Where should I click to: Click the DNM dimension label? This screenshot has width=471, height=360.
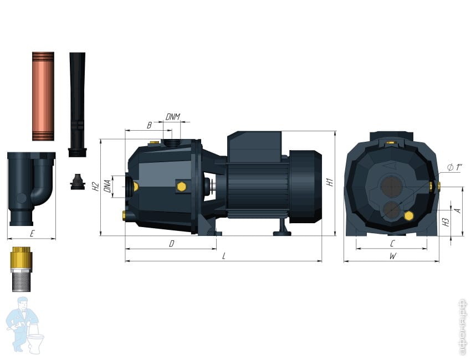pyautogui.click(x=173, y=117)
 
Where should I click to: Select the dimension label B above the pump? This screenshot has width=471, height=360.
pyautogui.click(x=149, y=125)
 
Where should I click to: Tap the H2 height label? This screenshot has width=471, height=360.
pyautogui.click(x=95, y=187)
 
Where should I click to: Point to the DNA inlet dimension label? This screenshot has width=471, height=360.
pyautogui.click(x=107, y=186)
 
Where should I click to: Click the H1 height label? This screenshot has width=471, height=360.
pyautogui.click(x=330, y=182)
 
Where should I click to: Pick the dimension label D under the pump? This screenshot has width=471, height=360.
pyautogui.click(x=172, y=244)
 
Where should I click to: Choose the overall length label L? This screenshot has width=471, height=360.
pyautogui.click(x=224, y=256)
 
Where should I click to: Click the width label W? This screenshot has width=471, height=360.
pyautogui.click(x=393, y=256)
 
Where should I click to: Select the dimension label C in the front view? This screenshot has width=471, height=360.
pyautogui.click(x=392, y=244)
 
